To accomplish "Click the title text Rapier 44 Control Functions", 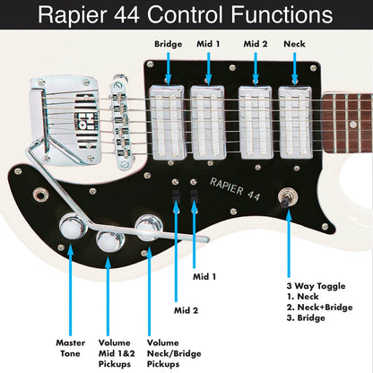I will pyautogui.click(x=186, y=15).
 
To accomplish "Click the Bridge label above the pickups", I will pyautogui.click(x=168, y=43).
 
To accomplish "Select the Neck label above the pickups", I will pyautogui.click(x=293, y=43).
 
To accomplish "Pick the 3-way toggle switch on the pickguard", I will pyautogui.click(x=290, y=199).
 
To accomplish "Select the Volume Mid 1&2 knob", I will pyautogui.click(x=111, y=239).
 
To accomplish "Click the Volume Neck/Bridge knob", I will pyautogui.click(x=147, y=230).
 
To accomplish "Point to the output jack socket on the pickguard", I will pyautogui.click(x=39, y=195).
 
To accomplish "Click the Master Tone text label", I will pyautogui.click(x=70, y=347).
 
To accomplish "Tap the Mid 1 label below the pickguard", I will pyautogui.click(x=204, y=276).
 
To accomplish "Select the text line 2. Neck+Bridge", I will pyautogui.click(x=320, y=308).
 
